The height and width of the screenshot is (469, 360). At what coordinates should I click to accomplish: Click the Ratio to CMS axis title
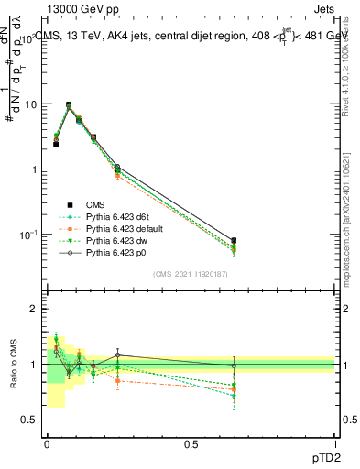coord(13,364)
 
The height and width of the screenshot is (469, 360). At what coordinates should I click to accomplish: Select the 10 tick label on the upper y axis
coord(29,104)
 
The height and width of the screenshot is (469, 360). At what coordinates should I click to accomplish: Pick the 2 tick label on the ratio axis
coord(34,310)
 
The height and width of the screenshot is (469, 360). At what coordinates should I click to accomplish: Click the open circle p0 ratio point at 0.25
coord(117,355)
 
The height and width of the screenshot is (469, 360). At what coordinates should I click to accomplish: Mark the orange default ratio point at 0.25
coord(117,380)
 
